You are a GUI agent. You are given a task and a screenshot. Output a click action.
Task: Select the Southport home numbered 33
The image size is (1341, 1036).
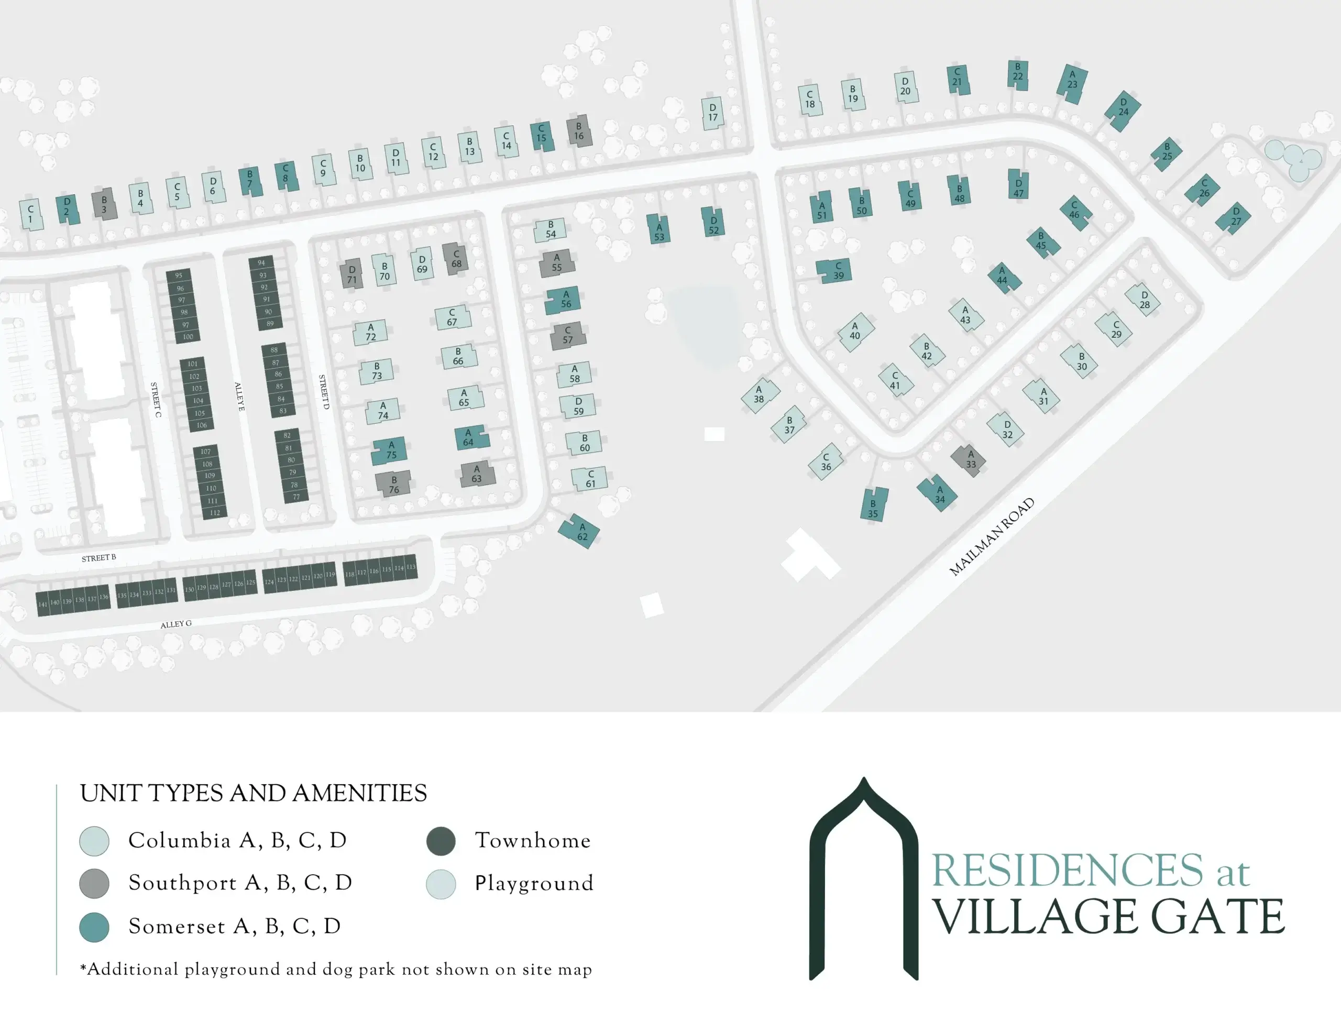pyautogui.click(x=970, y=459)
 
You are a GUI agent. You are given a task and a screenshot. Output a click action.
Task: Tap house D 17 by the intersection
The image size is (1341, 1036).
pyautogui.click(x=712, y=113)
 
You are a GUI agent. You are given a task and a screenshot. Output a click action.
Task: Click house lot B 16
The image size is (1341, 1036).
pyautogui.click(x=579, y=131)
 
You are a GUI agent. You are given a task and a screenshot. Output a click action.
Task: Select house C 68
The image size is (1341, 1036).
pyautogui.click(x=456, y=259)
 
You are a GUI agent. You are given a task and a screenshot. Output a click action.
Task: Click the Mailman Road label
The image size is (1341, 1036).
pyautogui.click(x=992, y=537)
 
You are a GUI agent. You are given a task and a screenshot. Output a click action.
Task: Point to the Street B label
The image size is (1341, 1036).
pyautogui.click(x=99, y=558)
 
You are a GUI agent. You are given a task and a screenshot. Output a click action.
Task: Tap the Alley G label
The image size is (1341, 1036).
pyautogui.click(x=176, y=624)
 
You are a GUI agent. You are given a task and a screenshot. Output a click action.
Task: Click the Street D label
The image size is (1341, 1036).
pyautogui.click(x=324, y=391)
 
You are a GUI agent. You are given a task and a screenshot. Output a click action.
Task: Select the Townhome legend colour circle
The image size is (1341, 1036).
pyautogui.click(x=441, y=841)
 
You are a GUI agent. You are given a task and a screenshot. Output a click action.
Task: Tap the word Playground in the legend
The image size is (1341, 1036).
pyautogui.click(x=534, y=884)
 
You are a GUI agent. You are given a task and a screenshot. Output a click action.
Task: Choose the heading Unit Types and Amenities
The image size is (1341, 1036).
pyautogui.click(x=253, y=793)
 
